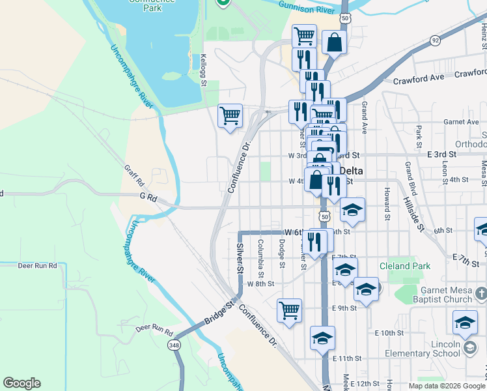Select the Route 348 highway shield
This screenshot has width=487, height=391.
pos(174,344)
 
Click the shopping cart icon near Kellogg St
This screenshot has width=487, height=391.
pos(230,117)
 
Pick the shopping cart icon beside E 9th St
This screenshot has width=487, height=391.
pos(289,310)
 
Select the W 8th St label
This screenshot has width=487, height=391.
pos(260,283)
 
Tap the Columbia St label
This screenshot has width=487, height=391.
pos(260,253)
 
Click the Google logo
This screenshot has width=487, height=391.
pos(21,383)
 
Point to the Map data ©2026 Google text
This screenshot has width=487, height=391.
pos(447,386)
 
